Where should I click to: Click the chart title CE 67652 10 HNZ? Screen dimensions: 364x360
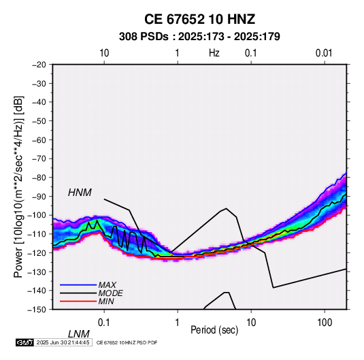pos(199,19)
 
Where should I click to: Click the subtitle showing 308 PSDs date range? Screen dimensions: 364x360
pos(199,37)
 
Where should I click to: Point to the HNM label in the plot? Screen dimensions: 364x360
pos(80,193)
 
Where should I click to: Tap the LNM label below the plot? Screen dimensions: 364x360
pos(79,334)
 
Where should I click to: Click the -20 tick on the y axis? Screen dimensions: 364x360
pos(39,65)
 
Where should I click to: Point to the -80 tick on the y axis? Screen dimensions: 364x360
pos(39,178)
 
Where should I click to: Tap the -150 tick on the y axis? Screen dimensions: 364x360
pos(37,310)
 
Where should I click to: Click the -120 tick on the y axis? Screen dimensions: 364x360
pos(37,252)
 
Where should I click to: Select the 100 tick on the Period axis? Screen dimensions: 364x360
pos(325,323)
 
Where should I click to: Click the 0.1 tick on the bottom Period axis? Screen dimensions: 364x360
pos(104,323)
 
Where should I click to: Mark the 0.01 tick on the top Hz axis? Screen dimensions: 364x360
pos(324,53)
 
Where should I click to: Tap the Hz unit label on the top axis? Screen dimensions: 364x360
pos(214,53)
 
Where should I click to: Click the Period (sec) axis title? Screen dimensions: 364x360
pos(214,330)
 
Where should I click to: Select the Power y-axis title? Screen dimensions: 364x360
pos(18,186)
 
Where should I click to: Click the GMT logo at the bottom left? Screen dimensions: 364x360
pos(25,342)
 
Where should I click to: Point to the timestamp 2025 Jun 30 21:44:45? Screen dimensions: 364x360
pos(63,342)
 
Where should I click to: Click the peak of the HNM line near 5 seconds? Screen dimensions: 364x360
pos(227,208)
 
